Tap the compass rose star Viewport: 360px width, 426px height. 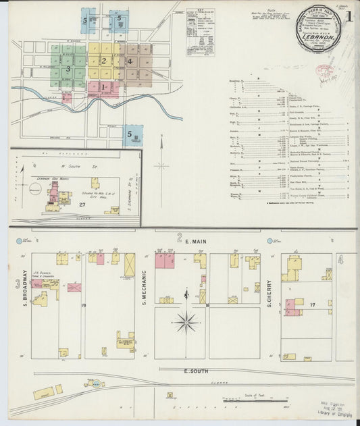tap(186, 321)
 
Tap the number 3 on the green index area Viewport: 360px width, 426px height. tap(68, 69)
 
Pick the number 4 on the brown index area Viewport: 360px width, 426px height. tap(129, 61)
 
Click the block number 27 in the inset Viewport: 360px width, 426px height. tap(82, 204)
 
